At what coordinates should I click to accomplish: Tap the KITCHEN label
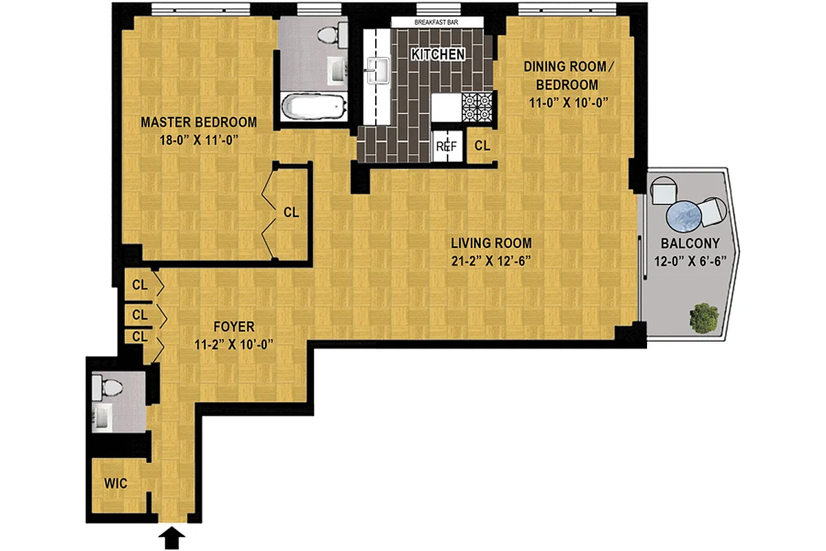tap(438, 54)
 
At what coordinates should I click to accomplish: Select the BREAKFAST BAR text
tap(436, 22)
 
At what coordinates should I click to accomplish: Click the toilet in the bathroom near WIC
tap(105, 386)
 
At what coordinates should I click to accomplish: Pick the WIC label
tap(116, 484)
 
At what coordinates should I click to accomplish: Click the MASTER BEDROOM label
tap(199, 123)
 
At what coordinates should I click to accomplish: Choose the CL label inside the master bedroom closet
tap(291, 212)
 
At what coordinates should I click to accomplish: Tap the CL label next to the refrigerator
tap(483, 146)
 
